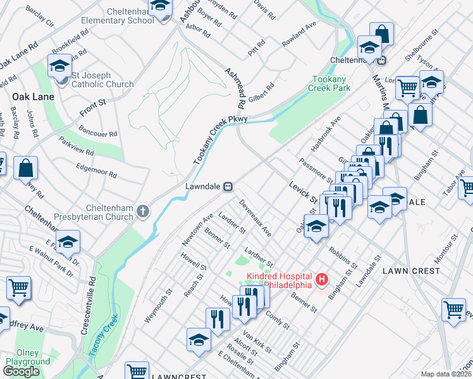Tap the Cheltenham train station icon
pyautogui.click(x=382, y=61)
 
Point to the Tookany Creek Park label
pyautogui.click(x=330, y=83)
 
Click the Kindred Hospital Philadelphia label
pyautogui.click(x=279, y=280)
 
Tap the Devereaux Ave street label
pyautogui.click(x=255, y=219)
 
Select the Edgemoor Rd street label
pyautogui.click(x=96, y=169)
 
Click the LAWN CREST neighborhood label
pyautogui.click(x=411, y=270)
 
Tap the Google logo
pyautogui.click(x=21, y=371)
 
